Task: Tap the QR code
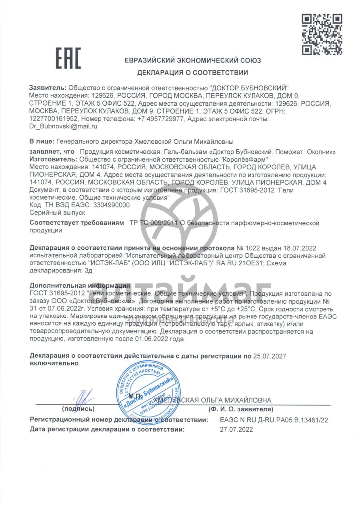point(322,34)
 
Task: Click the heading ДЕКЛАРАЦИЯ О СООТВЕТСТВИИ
point(192,73)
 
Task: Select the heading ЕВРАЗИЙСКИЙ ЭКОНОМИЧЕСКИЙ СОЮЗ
point(192,61)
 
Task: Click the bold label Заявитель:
point(48,88)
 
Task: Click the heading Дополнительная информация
point(80,285)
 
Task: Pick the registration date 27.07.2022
point(236,429)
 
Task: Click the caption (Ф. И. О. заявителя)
point(241,409)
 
